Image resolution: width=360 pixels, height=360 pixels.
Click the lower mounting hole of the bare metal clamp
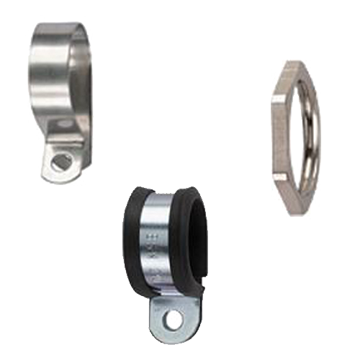[61, 162]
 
